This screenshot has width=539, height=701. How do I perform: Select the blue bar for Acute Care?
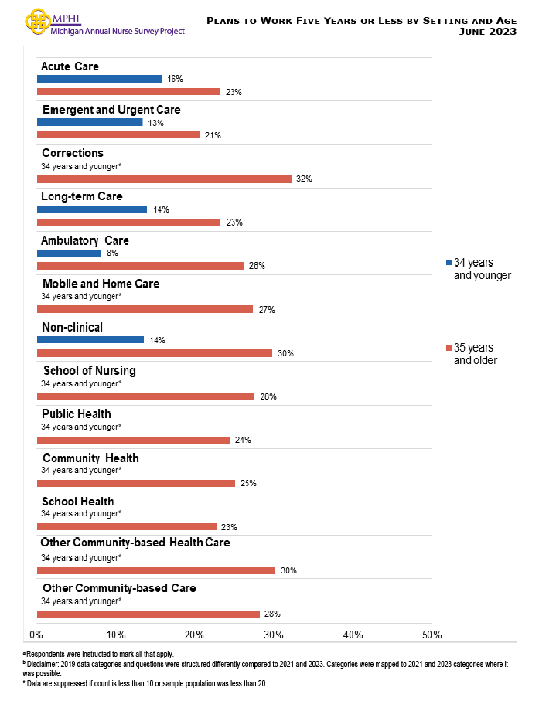(99, 79)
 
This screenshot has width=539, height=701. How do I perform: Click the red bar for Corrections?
(164, 179)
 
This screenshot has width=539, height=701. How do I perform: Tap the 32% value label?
(304, 179)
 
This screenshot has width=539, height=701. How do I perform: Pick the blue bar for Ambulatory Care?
(69, 253)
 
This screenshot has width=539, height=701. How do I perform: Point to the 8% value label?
(113, 253)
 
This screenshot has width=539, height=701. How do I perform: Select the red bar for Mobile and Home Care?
(145, 309)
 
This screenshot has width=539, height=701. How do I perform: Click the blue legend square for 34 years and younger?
(449, 263)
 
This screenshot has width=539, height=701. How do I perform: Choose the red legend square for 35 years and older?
(449, 348)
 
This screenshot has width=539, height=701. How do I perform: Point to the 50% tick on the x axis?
(432, 635)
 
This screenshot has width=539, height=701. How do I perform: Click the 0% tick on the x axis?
(36, 635)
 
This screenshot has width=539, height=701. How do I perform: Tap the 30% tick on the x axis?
(274, 635)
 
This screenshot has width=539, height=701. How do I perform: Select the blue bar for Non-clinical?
(90, 340)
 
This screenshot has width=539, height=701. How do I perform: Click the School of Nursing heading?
(89, 371)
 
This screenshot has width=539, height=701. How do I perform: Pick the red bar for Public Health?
(133, 440)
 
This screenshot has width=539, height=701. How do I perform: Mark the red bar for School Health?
(127, 527)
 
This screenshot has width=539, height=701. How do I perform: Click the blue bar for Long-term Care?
(92, 209)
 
